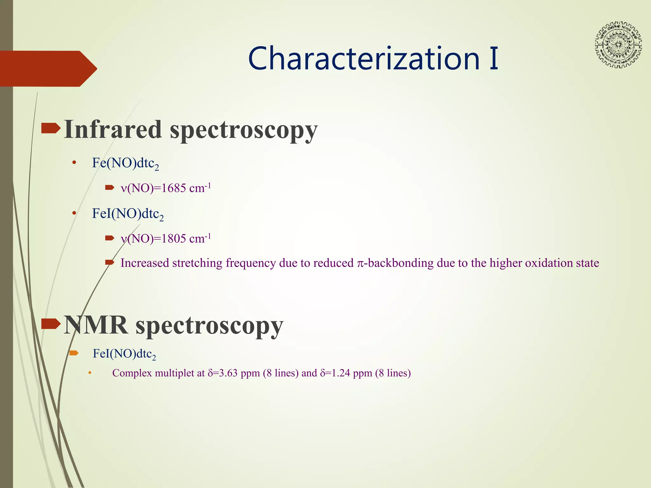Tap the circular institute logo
(618, 45)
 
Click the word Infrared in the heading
(113, 130)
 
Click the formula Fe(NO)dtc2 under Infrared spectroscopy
(125, 163)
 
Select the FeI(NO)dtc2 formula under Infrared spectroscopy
(128, 214)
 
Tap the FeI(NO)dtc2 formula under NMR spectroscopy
(124, 354)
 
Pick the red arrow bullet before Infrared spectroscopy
(51, 129)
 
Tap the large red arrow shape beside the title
(48, 69)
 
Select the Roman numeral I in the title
(494, 58)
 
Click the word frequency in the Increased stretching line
(250, 263)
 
